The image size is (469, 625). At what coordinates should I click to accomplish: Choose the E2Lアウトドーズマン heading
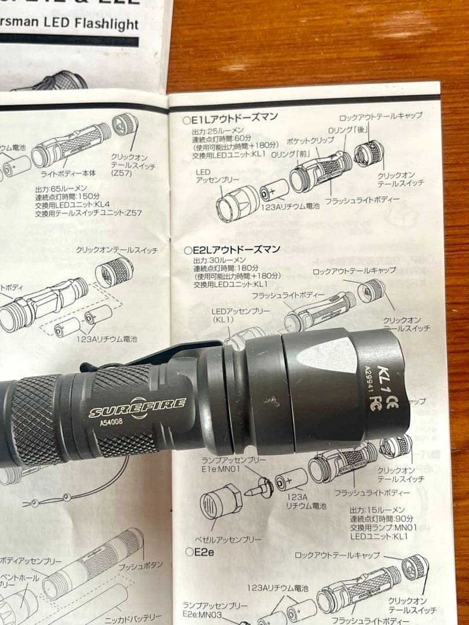[232, 249]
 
